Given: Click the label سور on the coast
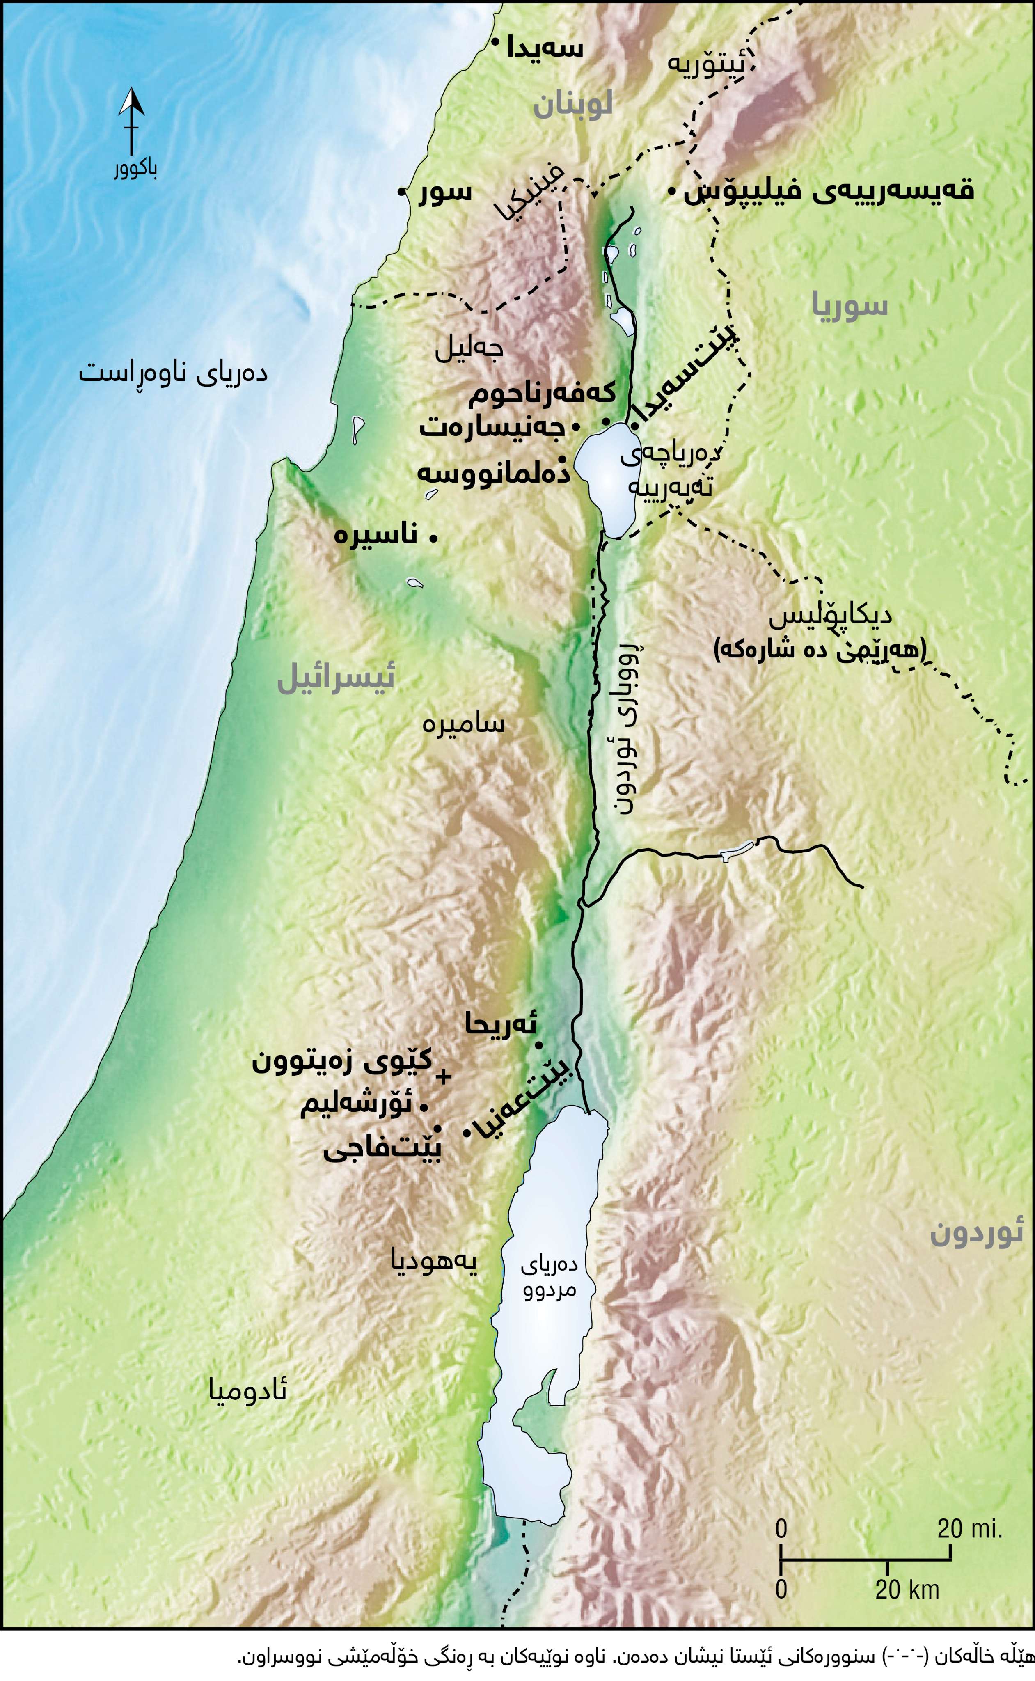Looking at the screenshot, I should tap(446, 192).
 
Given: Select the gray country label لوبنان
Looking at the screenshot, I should tap(572, 106).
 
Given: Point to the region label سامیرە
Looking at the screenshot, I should tap(463, 724).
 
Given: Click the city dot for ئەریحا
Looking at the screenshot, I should tap(539, 1045).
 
